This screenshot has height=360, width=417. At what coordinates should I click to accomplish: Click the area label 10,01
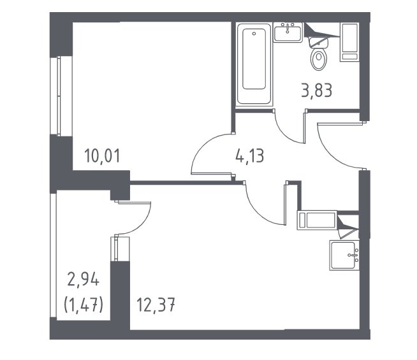[102, 156]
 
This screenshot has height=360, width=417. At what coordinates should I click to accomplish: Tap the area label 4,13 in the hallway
[249, 156]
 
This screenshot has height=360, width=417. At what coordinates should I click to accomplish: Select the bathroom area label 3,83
[316, 90]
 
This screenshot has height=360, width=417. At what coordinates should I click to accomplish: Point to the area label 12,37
[156, 305]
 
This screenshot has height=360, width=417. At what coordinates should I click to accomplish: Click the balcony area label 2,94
[84, 280]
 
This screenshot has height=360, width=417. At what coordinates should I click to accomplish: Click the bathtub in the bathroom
[254, 64]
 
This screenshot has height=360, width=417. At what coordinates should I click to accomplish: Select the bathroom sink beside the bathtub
[288, 32]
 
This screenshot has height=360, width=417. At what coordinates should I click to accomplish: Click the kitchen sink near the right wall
[344, 256]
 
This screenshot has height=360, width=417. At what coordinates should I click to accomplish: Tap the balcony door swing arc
[143, 224]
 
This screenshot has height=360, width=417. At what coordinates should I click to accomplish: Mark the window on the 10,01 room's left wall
[59, 96]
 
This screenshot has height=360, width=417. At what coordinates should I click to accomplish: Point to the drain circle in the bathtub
[254, 34]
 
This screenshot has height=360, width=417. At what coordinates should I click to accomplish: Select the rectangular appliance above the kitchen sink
[318, 220]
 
